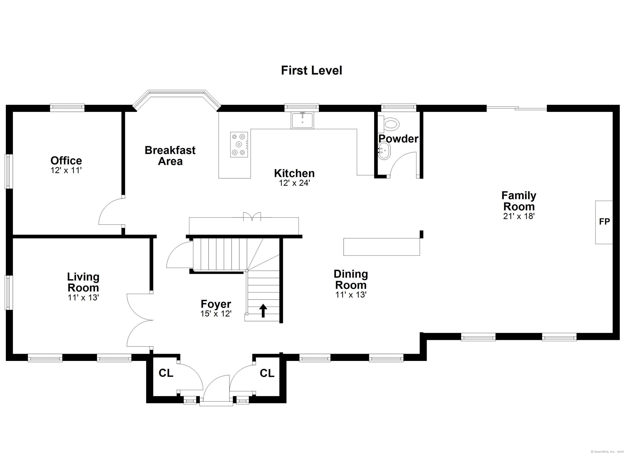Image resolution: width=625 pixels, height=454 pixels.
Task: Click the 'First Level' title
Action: point(311,71)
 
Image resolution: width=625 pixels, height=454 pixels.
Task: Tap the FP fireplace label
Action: point(604,221)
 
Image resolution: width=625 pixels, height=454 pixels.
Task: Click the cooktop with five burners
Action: point(239,144)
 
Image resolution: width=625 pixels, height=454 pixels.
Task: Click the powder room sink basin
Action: point(384,151)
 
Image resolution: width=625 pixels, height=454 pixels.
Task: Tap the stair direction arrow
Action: point(263,311)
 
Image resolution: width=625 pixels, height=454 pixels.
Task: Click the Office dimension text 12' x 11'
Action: point(66,171)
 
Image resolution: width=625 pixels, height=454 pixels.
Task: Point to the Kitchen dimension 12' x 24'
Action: point(295,183)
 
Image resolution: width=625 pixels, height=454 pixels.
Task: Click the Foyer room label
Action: point(216,304)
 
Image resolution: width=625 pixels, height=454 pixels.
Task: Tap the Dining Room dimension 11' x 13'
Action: point(351,295)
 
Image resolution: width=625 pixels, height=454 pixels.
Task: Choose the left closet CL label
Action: point(166,373)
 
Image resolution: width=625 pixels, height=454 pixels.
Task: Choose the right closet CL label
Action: point(267,373)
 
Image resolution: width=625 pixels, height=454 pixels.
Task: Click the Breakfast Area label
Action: point(170,155)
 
